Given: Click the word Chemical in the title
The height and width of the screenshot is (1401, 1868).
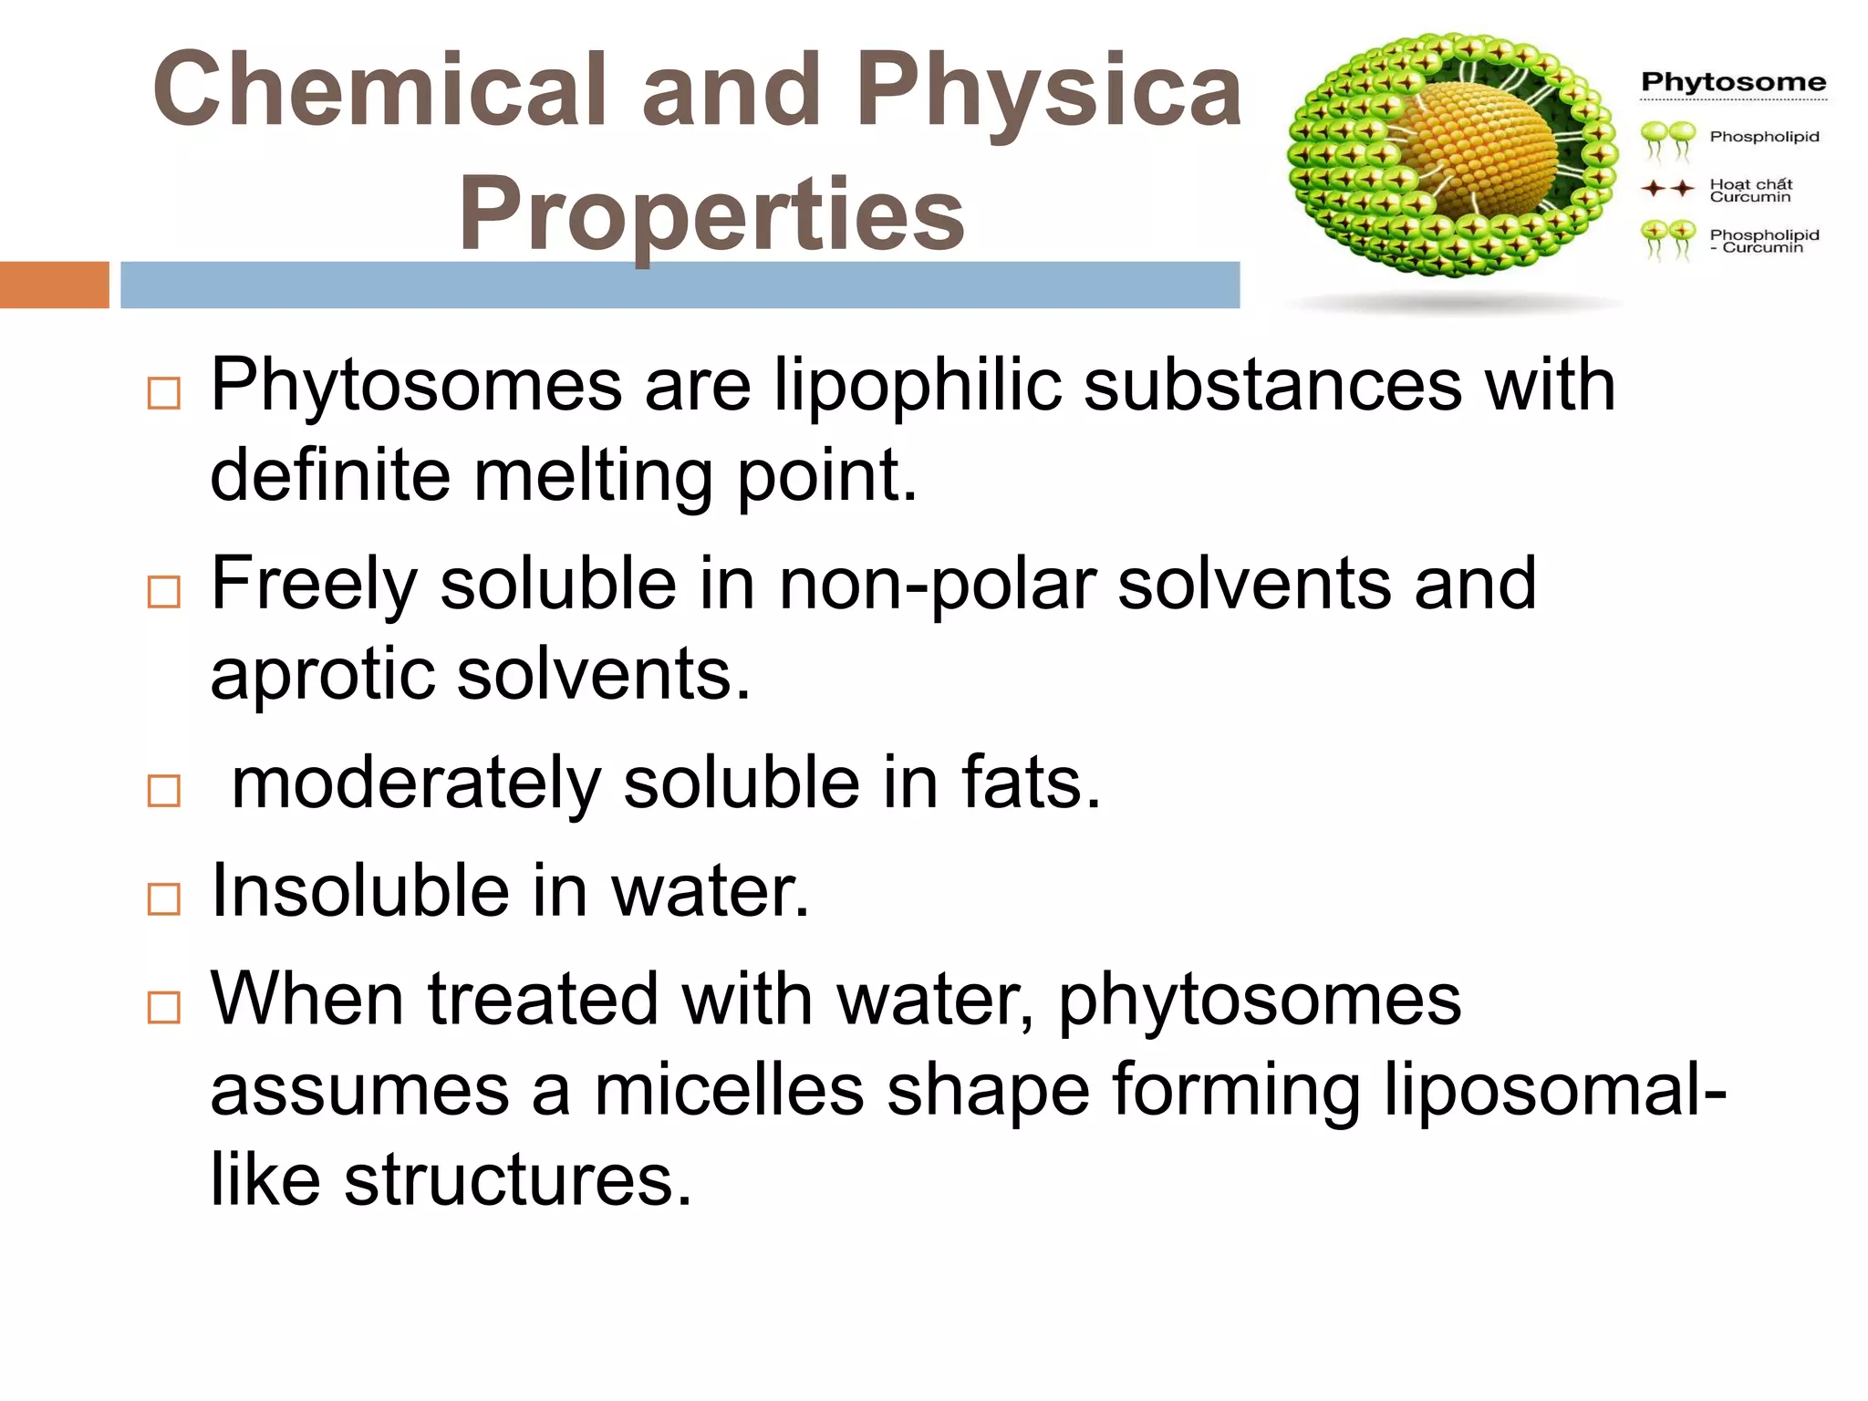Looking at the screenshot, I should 379,89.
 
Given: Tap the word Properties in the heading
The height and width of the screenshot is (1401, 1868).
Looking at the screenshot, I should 711,213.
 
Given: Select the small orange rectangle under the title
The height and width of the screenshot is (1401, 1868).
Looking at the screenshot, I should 54,285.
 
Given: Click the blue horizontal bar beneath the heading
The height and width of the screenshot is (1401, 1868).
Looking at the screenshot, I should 680,285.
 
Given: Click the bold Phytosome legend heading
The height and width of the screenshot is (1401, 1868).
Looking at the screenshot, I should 1733,82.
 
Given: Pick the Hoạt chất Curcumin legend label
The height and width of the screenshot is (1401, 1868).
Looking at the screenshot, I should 1750,190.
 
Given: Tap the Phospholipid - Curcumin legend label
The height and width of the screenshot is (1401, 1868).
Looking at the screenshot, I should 1763,241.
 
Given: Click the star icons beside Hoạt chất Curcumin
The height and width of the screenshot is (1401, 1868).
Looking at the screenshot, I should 1668,189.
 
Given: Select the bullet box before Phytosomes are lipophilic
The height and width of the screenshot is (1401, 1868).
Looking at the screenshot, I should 164,394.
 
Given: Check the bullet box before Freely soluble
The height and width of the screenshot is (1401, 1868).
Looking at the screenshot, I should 164,593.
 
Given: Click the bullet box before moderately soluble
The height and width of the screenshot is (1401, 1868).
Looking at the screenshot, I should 164,791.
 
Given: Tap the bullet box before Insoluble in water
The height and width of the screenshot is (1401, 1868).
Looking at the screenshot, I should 164,899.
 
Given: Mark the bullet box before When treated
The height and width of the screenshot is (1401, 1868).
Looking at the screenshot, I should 164,1008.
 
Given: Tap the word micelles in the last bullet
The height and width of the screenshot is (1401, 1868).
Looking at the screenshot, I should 729,1090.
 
